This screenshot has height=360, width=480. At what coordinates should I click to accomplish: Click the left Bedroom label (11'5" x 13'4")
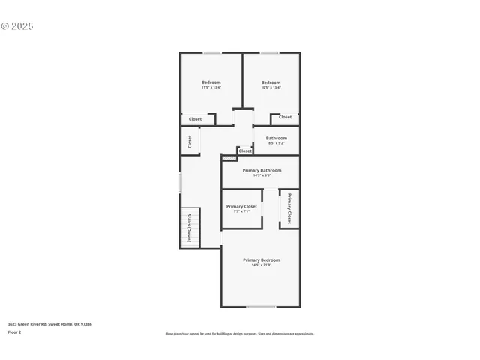pyautogui.click(x=211, y=85)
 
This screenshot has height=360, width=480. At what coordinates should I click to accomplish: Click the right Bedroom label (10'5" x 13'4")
pyautogui.click(x=271, y=85)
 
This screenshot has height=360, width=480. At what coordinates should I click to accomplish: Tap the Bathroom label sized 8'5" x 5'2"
pyautogui.click(x=276, y=139)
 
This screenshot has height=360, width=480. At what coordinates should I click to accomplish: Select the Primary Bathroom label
pyautogui.click(x=262, y=172)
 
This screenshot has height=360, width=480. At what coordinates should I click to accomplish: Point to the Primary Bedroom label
pyautogui.click(x=262, y=262)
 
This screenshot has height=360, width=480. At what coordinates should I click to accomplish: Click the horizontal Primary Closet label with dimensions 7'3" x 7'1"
pyautogui.click(x=241, y=208)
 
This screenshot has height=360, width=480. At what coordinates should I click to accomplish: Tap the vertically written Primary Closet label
pyautogui.click(x=289, y=210)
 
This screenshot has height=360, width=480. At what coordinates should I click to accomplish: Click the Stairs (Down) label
pyautogui.click(x=189, y=226)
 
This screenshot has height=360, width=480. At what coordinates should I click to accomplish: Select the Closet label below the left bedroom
pyautogui.click(x=195, y=119)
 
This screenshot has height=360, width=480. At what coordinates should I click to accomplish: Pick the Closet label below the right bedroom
pyautogui.click(x=285, y=117)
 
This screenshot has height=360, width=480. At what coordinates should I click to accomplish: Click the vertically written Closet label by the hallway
pyautogui.click(x=189, y=141)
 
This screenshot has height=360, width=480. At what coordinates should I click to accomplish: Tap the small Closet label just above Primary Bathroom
pyautogui.click(x=245, y=151)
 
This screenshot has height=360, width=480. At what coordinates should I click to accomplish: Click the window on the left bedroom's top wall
pyautogui.click(x=212, y=52)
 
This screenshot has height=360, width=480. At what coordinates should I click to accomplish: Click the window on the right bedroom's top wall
pyautogui.click(x=270, y=52)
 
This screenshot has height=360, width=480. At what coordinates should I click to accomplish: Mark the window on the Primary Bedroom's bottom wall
pyautogui.click(x=261, y=307)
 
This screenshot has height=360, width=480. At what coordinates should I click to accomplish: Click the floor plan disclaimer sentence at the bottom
pyautogui.click(x=239, y=334)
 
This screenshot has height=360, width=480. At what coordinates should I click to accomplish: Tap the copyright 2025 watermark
pyautogui.click(x=17, y=25)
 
